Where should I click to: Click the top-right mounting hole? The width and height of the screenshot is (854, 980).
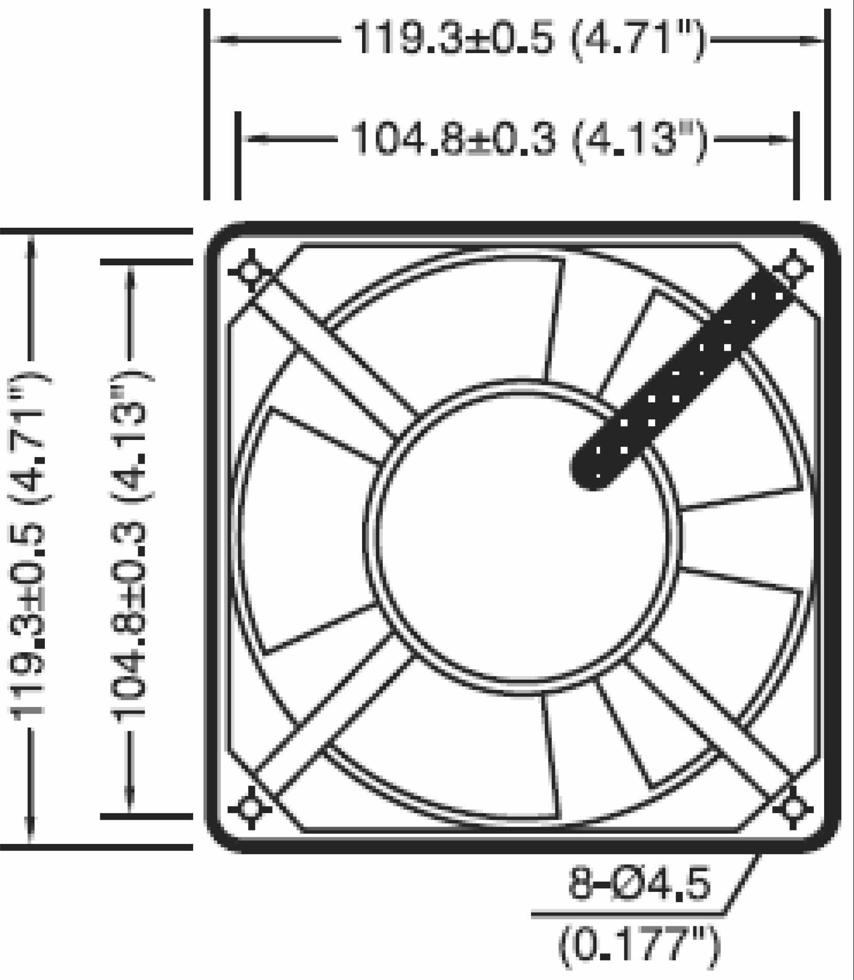click(793, 268)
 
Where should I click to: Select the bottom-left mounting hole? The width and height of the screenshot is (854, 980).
click(249, 807)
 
